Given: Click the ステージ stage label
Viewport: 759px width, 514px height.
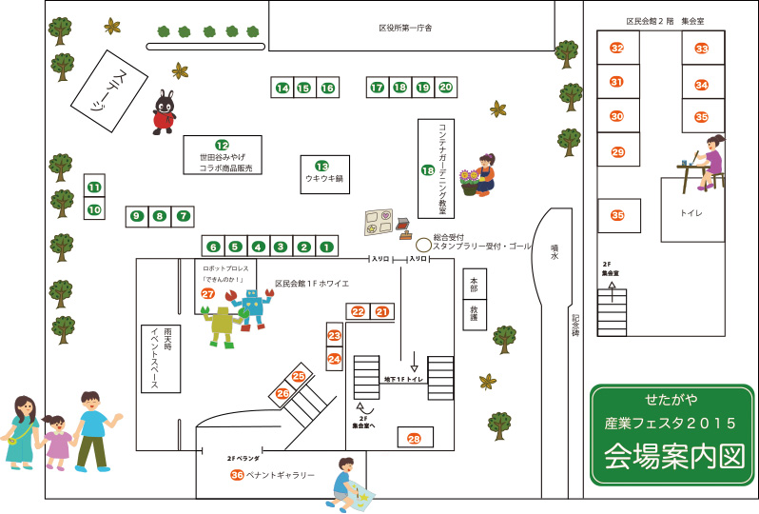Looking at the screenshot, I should coord(107,90).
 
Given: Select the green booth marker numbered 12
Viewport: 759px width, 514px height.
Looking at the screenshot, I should coord(222,145).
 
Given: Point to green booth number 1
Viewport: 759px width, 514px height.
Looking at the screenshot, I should coord(325,247).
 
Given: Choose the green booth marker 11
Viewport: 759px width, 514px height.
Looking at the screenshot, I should coord(94,187).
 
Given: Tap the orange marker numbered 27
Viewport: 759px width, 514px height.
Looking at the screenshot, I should coord(207,294).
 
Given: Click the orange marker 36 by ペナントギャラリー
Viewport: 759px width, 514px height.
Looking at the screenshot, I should coord(236,474).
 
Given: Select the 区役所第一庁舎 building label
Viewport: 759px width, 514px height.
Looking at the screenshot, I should coord(399,28).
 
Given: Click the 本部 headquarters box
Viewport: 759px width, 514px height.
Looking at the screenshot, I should coord(474,285).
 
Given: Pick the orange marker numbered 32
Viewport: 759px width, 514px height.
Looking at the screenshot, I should coord(617,49).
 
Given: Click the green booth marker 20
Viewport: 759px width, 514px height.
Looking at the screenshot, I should coord(445,88).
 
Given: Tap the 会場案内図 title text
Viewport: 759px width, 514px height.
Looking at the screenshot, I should coord(672,456).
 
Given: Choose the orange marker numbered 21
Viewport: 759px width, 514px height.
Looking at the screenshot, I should coord(382,311).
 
